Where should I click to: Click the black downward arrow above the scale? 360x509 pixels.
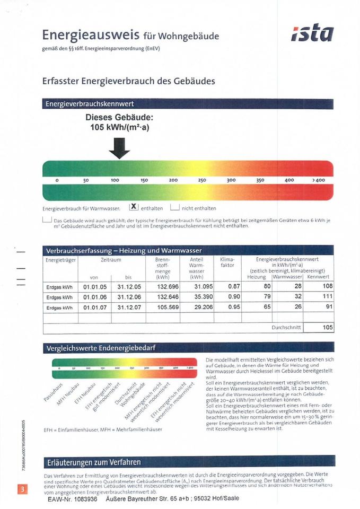tap(119, 148)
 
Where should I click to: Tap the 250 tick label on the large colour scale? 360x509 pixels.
tap(202, 180)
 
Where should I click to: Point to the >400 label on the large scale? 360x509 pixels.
tap(318, 180)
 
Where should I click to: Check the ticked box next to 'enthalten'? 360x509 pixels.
tap(134, 207)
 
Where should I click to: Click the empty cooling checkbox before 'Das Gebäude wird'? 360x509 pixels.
tap(47, 220)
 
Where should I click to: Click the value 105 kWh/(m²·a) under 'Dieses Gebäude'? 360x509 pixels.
tap(119, 127)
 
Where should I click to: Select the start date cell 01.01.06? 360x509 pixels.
tap(95, 297)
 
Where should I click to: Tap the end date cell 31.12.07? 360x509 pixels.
tap(129, 307)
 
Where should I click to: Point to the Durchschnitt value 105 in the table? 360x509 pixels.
tap(328, 328)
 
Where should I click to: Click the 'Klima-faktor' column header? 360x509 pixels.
tap(227, 262)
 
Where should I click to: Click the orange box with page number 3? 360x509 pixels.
tap(22, 488)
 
